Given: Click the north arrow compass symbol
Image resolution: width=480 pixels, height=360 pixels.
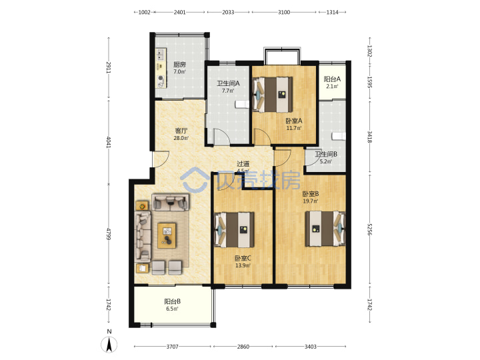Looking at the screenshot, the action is point(109,345).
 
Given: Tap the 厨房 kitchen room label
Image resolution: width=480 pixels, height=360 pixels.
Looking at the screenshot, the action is point(180,65).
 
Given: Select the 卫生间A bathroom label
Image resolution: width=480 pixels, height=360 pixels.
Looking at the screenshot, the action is point(228,83).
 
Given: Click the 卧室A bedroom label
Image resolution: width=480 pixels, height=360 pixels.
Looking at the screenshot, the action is point(294,121).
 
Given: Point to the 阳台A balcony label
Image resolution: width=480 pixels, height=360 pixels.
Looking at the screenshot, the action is point(332,79).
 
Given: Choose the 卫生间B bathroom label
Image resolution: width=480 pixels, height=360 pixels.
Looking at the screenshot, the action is point(326,154).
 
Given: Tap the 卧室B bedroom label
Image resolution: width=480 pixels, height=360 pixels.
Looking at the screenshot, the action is point(311,194).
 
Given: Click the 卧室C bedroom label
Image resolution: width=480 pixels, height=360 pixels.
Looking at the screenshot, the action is point(243,259).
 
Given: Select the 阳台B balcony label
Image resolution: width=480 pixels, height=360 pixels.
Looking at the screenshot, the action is point(173,301).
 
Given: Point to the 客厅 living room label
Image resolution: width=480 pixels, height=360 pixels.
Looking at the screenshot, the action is point(181,131).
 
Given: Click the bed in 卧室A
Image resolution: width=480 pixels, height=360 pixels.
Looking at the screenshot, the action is point(272,95).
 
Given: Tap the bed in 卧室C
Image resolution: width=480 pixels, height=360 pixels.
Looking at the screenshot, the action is point(234,229).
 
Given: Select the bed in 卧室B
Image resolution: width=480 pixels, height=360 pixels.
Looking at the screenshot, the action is point(325,229).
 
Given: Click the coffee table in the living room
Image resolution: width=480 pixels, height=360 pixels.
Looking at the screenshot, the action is point(167,235).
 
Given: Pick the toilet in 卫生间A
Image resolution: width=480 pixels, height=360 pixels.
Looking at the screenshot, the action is point(243,105).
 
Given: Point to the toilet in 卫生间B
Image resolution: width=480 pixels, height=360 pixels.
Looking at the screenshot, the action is point(339,136).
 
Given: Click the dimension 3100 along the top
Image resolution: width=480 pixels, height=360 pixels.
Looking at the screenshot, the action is point(284,12).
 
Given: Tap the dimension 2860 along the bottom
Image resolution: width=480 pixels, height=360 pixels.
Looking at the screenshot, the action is point(243,347).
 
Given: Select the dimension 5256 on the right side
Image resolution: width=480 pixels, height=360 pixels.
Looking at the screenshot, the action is point(370,229).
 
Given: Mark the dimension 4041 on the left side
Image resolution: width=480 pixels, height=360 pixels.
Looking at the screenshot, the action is point(109,142).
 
